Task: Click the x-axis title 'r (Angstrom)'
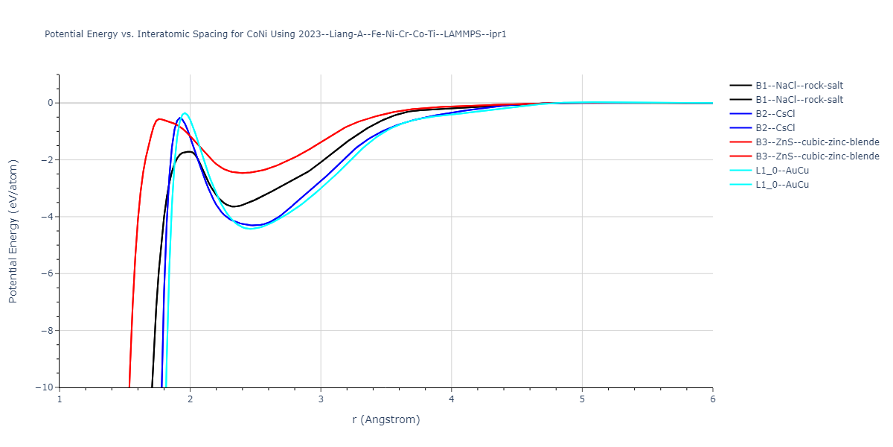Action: pos(385,419)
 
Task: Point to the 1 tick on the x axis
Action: pos(60,399)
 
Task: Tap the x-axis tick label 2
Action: pos(190,399)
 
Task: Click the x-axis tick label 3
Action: pos(321,399)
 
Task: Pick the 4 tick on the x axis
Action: pos(451,399)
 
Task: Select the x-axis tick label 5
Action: pos(582,399)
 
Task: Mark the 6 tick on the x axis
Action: pos(712,399)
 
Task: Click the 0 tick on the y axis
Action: pos(49,103)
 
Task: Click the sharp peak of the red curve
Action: pos(159,118)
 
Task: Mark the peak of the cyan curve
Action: pos(185,113)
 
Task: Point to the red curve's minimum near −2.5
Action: pos(243,173)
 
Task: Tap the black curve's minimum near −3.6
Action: pos(234,206)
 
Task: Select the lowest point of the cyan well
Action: pos(251,229)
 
